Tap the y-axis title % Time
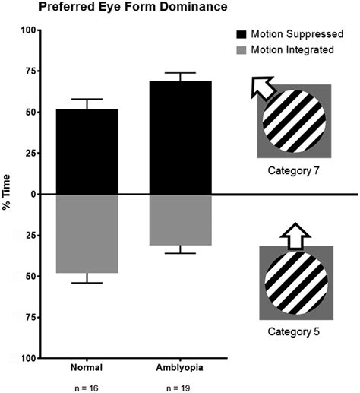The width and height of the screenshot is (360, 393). [x=8, y=195]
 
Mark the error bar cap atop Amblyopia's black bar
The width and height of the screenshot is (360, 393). [x=185, y=73]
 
